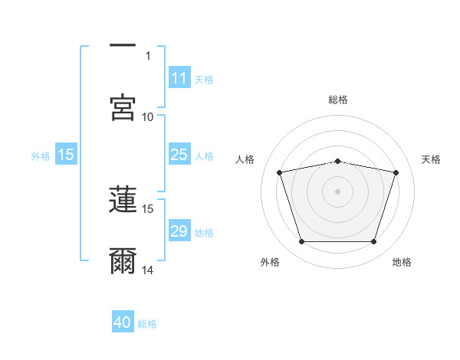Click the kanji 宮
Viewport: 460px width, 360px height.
[x=123, y=107]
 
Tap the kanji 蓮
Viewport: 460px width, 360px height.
[x=123, y=199]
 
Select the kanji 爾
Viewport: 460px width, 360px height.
[x=123, y=260]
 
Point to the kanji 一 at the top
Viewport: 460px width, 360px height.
[x=123, y=45]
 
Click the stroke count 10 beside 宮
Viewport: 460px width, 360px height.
[x=147, y=117]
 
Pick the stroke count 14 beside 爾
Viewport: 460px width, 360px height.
[x=147, y=270]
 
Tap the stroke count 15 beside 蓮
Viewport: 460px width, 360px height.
[x=147, y=209]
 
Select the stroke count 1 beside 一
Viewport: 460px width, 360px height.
[x=148, y=56]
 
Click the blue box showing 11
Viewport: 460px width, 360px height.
[x=179, y=77]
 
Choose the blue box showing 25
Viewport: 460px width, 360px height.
[x=179, y=154]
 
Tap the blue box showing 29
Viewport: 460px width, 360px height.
[x=179, y=230]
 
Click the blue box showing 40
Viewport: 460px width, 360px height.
[x=123, y=321]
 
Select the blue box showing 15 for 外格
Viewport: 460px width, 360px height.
[x=66, y=154]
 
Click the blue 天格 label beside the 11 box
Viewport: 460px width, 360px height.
[x=204, y=80]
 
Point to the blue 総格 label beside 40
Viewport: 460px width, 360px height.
[x=147, y=324]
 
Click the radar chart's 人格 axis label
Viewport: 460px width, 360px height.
[x=245, y=159]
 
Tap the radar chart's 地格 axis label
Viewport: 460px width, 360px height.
[x=402, y=262]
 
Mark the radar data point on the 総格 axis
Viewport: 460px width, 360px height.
[x=337, y=162]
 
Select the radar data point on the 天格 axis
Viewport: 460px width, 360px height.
[x=396, y=172]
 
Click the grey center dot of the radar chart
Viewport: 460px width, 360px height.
[x=337, y=191]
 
